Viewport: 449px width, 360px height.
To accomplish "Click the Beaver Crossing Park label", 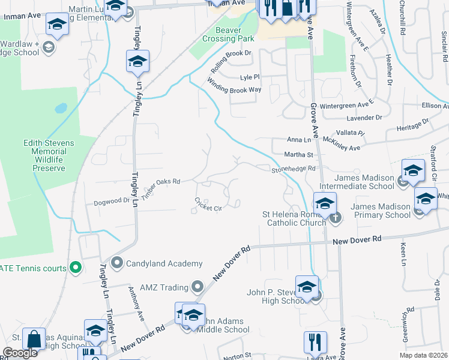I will coord(229,34).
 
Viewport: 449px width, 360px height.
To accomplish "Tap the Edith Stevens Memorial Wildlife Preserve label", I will coord(49,155).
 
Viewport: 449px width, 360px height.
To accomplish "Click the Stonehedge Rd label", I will coord(292,169).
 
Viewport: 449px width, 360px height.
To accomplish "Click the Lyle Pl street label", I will coord(249,77).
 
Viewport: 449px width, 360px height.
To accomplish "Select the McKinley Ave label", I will coord(341,144).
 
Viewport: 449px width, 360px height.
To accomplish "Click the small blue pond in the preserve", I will coord(61,109).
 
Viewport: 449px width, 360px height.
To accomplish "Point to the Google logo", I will coord(20,353).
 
